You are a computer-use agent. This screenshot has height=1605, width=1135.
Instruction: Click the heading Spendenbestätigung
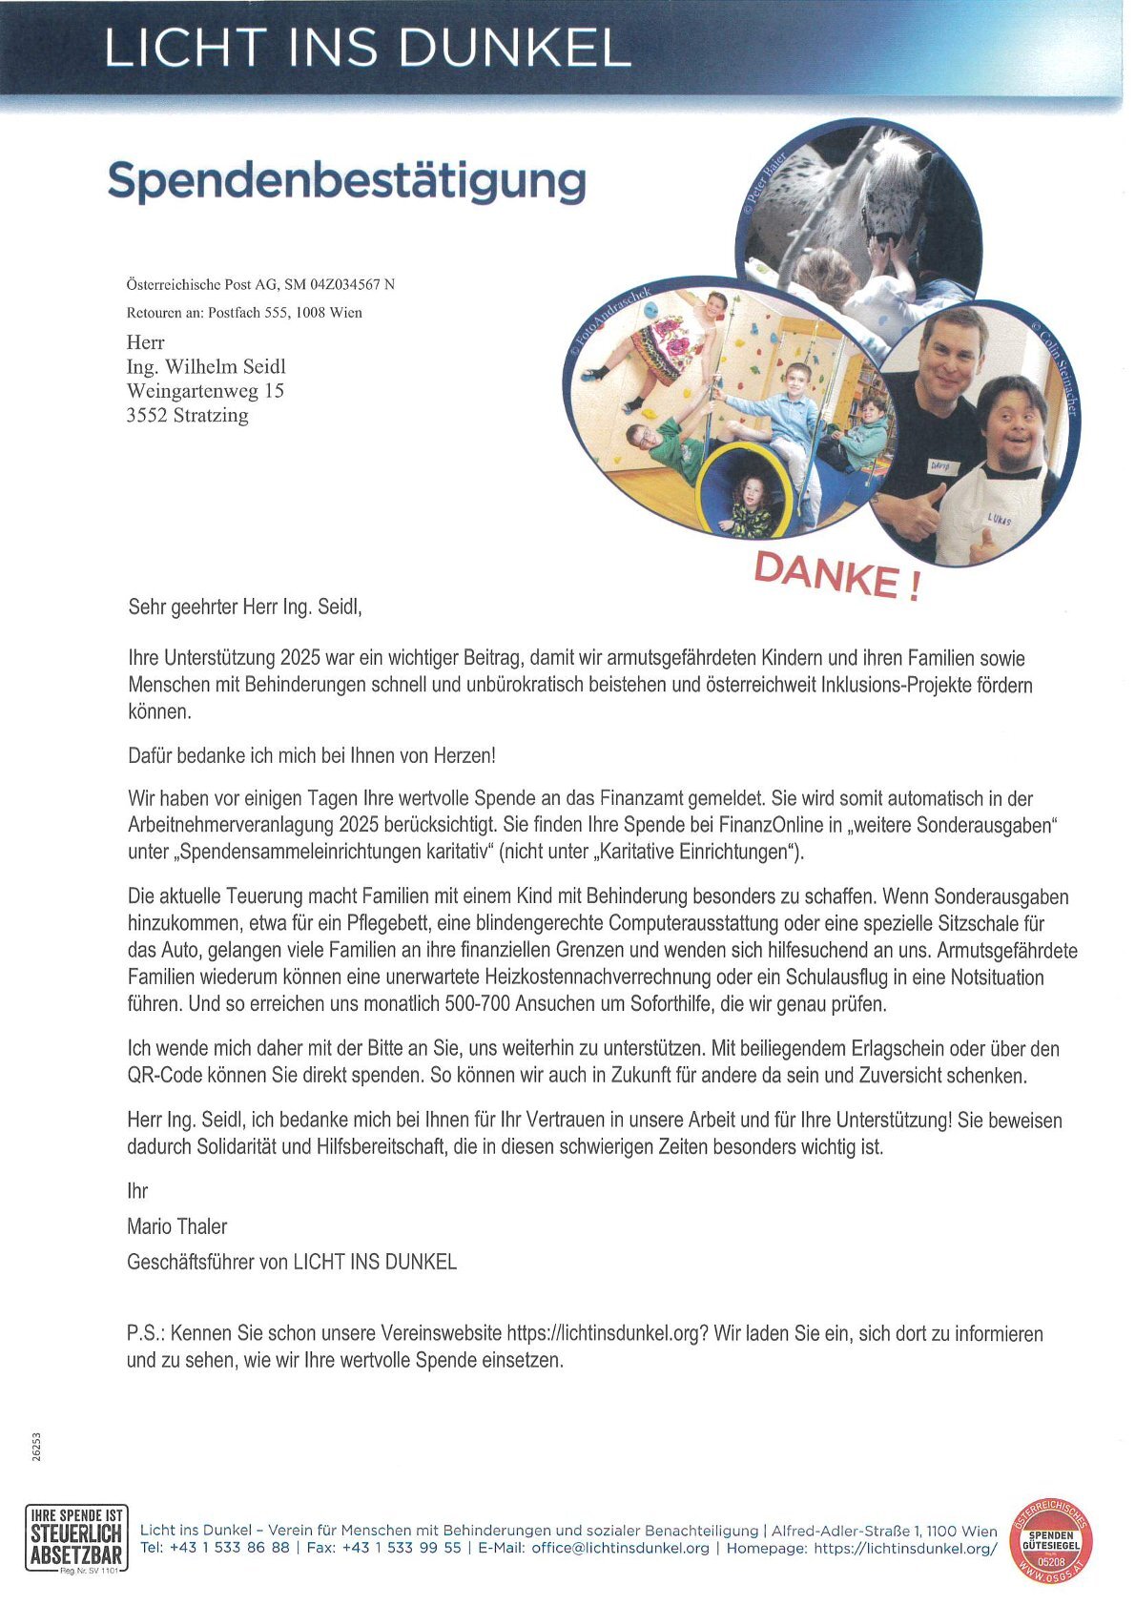pos(346,181)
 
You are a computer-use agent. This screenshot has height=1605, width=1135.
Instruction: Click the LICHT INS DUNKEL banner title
pos(367,48)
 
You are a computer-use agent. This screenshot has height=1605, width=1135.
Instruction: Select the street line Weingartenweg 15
pos(205,391)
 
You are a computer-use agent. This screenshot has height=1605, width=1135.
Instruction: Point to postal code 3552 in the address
pos(146,416)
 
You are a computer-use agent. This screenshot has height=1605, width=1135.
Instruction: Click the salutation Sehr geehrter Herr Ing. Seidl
pos(245,607)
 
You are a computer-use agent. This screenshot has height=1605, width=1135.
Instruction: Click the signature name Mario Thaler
pos(176,1226)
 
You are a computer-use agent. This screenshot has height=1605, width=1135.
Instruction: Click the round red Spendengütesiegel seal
pos(1051,1540)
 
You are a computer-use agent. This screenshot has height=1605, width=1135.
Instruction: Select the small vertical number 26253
pos(36,1447)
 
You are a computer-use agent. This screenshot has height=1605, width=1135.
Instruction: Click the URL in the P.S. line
pos(607,1333)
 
